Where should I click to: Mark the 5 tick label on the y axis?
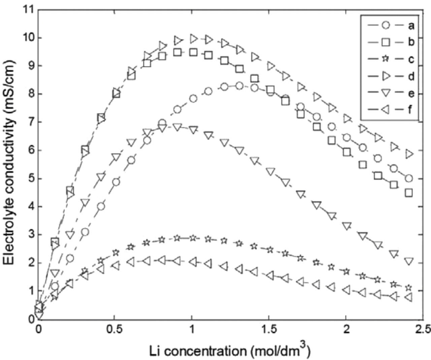click(x=31, y=179)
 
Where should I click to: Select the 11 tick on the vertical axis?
click(x=28, y=10)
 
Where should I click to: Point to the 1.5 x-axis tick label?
click(x=269, y=329)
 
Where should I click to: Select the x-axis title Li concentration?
click(x=230, y=351)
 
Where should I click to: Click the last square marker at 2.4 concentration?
click(x=409, y=193)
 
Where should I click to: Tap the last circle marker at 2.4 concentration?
click(x=409, y=178)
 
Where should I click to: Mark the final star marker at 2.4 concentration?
click(x=409, y=288)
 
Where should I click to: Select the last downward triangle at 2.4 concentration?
click(x=409, y=261)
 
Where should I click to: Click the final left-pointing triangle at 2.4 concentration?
click(x=408, y=297)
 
